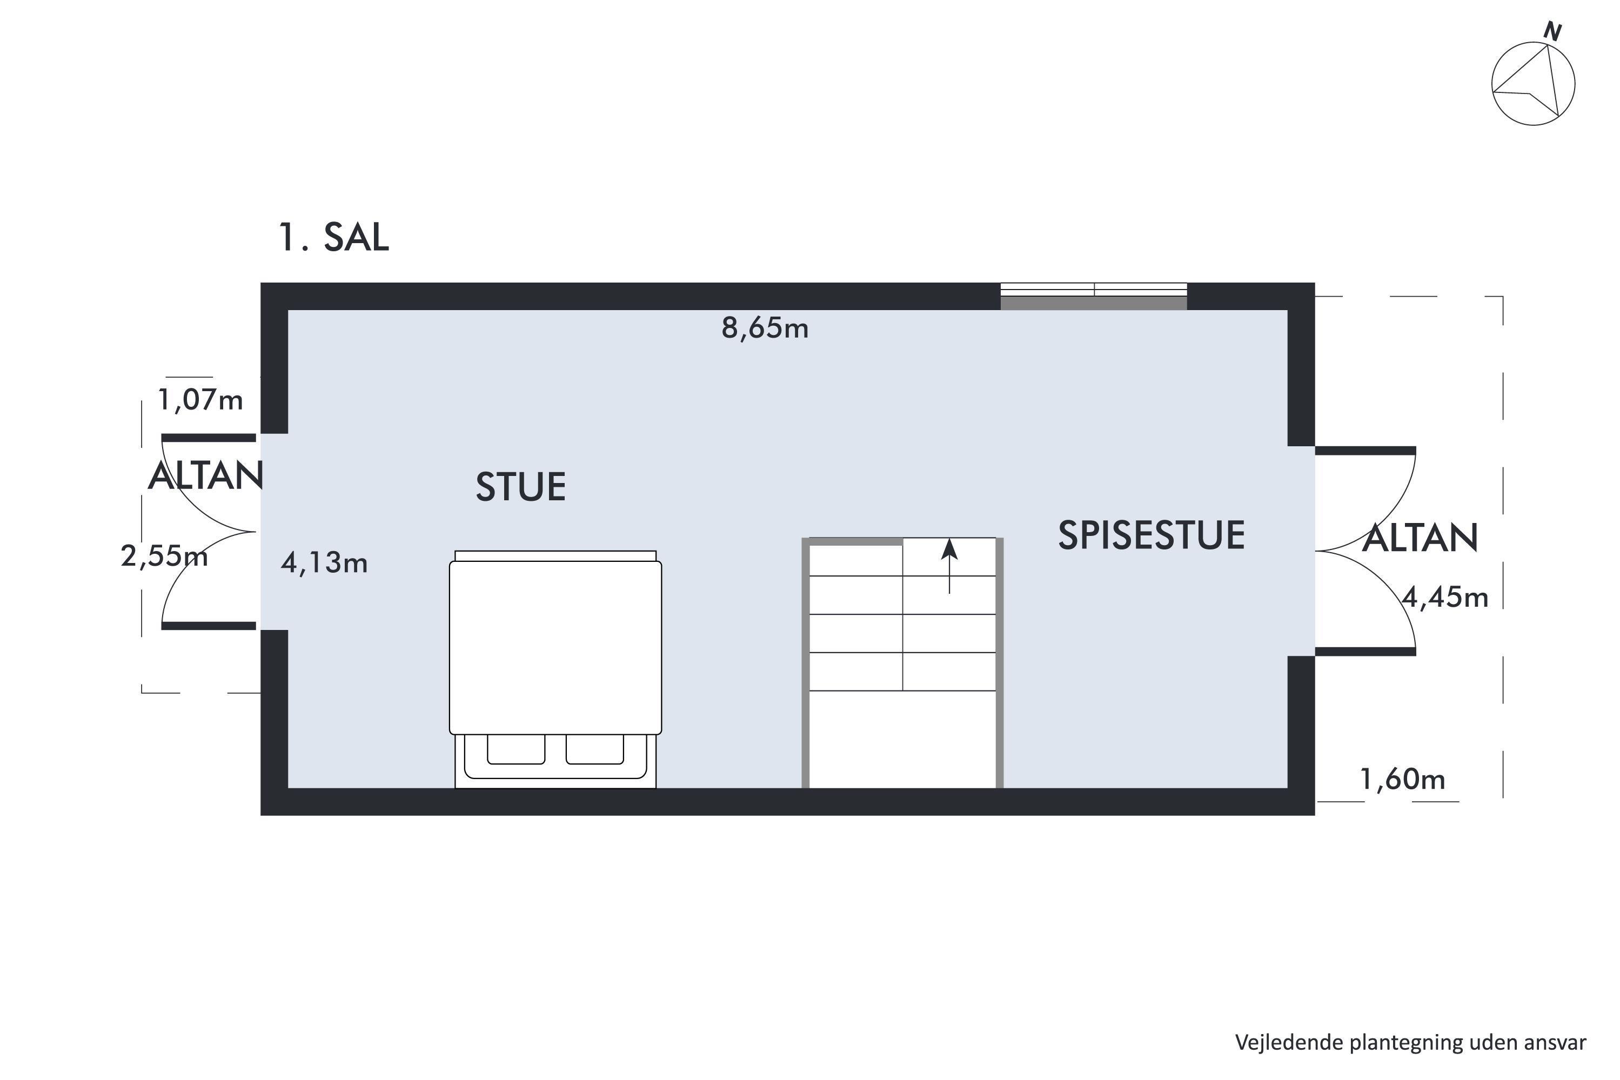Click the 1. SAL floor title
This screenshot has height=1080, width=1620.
[333, 237]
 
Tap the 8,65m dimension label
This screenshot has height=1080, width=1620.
[765, 328]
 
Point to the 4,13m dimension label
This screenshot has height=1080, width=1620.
[324, 564]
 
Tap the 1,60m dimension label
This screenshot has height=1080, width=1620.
[1402, 779]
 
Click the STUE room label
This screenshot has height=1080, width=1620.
[521, 487]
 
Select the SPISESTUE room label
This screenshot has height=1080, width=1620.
[1152, 536]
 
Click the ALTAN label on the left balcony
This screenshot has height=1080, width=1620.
[206, 476]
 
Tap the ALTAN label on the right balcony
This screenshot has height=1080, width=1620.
[1420, 538]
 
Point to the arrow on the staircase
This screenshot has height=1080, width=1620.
[949, 566]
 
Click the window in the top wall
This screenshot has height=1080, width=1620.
[1094, 296]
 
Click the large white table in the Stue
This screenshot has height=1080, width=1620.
[555, 647]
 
